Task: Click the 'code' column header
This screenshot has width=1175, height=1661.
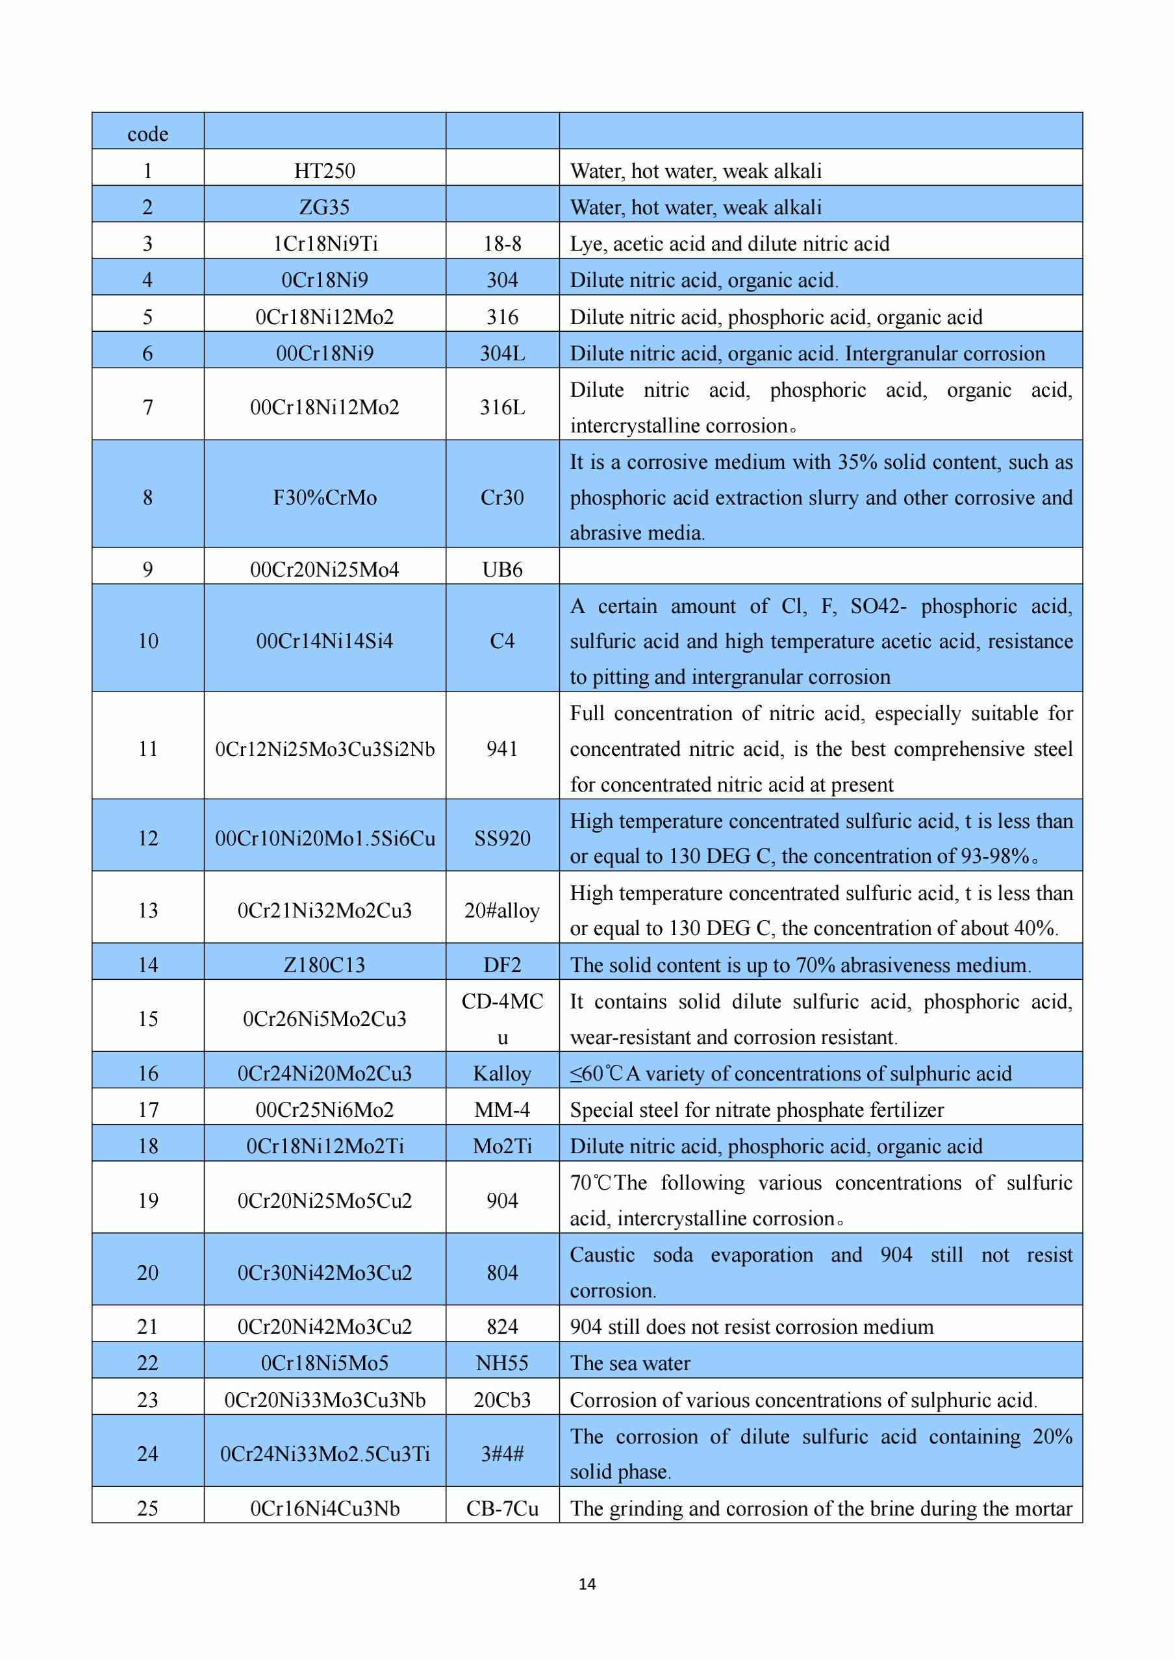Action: coord(147,134)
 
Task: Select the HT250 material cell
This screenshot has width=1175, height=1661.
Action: coord(324,171)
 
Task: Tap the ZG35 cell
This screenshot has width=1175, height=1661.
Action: coord(324,207)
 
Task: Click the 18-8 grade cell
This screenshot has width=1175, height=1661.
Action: coord(502,243)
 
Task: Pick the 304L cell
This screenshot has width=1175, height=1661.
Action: coord(502,353)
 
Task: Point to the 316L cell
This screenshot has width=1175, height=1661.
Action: coord(502,407)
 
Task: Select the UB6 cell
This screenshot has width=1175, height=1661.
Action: coord(502,569)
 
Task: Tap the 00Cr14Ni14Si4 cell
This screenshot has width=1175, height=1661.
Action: coord(324,641)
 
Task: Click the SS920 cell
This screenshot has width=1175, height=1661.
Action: coord(502,838)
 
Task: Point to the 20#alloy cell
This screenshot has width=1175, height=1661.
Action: coord(502,910)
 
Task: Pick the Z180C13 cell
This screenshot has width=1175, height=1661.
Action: coord(324,964)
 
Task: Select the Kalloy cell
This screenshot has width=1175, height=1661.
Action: coord(502,1073)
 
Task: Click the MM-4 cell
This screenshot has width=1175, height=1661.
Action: coord(502,1109)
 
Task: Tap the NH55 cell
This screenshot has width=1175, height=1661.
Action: coord(502,1363)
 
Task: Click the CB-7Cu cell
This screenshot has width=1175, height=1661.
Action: coord(502,1508)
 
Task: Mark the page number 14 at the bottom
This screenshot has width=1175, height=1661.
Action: coord(587,1584)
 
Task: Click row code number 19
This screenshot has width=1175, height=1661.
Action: coord(147,1200)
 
